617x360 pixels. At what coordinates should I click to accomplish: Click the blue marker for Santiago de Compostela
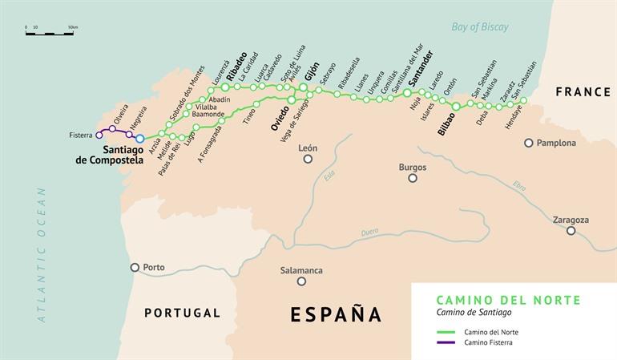(140, 139)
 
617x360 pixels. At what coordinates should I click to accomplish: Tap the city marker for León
(308, 159)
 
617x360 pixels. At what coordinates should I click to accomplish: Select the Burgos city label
(412, 168)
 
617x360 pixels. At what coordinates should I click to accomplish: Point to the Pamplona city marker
(529, 144)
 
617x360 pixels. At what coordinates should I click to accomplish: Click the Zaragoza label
(571, 220)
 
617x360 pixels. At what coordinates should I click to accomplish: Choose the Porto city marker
(135, 268)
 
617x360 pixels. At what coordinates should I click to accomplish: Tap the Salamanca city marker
(301, 281)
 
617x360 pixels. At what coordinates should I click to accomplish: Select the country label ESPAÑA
(336, 313)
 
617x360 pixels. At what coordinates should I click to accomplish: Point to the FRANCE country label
(583, 93)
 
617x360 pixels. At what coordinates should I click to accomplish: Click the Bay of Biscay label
(479, 27)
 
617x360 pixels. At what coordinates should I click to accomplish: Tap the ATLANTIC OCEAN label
(42, 255)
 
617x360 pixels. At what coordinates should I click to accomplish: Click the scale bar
(50, 34)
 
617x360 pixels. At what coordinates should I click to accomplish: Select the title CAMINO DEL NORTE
(509, 300)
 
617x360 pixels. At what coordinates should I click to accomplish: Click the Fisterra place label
(79, 136)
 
